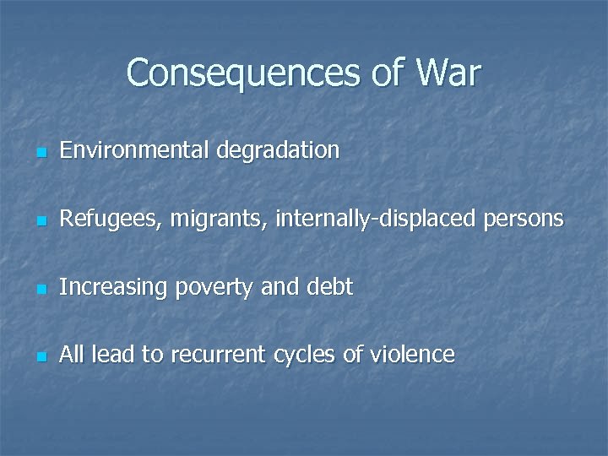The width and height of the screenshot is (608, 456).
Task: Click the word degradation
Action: coord(278,151)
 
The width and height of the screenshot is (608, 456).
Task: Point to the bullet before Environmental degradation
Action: coord(40,154)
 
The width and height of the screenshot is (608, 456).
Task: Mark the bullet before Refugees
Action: coord(40,222)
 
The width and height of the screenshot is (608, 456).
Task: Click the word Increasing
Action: coord(113,288)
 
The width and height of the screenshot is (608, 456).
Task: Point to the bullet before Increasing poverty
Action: coord(40,290)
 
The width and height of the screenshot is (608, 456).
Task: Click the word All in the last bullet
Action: coord(72,355)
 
